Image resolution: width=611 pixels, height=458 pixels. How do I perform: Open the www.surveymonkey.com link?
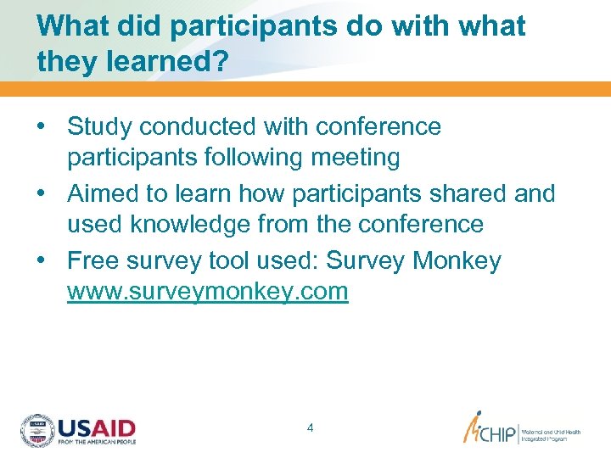208,292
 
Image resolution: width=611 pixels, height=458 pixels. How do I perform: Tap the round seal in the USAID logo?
37,431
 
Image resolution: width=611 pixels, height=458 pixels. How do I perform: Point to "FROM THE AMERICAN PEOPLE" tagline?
96,442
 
